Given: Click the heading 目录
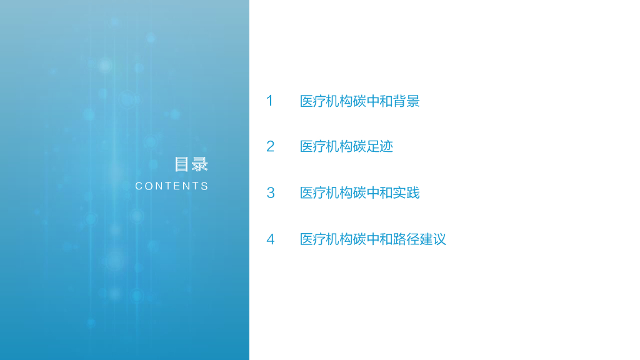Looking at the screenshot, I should pyautogui.click(x=191, y=164).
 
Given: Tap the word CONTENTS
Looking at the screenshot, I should pyautogui.click(x=172, y=186).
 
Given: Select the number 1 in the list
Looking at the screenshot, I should pyautogui.click(x=269, y=101).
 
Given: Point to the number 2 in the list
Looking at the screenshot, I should pyautogui.click(x=270, y=146).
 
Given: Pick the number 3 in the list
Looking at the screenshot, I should pyautogui.click(x=270, y=192).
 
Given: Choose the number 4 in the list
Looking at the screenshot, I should pyautogui.click(x=270, y=239).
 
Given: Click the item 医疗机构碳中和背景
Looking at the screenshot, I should pyautogui.click(x=359, y=101).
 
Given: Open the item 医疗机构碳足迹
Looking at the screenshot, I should pyautogui.click(x=346, y=147).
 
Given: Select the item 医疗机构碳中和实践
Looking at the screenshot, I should pyautogui.click(x=359, y=193).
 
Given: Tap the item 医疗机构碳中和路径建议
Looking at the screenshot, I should pyautogui.click(x=372, y=239).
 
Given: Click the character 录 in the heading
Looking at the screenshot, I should pyautogui.click(x=199, y=164).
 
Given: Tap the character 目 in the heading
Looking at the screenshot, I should pyautogui.click(x=182, y=164).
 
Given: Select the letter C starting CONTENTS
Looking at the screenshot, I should pyautogui.click(x=139, y=186).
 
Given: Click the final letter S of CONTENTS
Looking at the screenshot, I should pyautogui.click(x=205, y=186).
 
